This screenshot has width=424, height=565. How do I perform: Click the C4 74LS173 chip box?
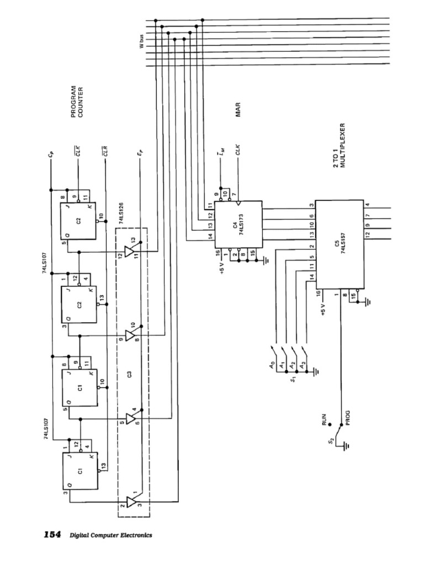coord(238,224)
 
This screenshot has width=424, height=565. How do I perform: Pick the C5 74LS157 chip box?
coord(338,244)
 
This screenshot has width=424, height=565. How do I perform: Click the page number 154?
coord(52,535)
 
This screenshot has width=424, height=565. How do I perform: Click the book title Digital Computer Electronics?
coord(110,535)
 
